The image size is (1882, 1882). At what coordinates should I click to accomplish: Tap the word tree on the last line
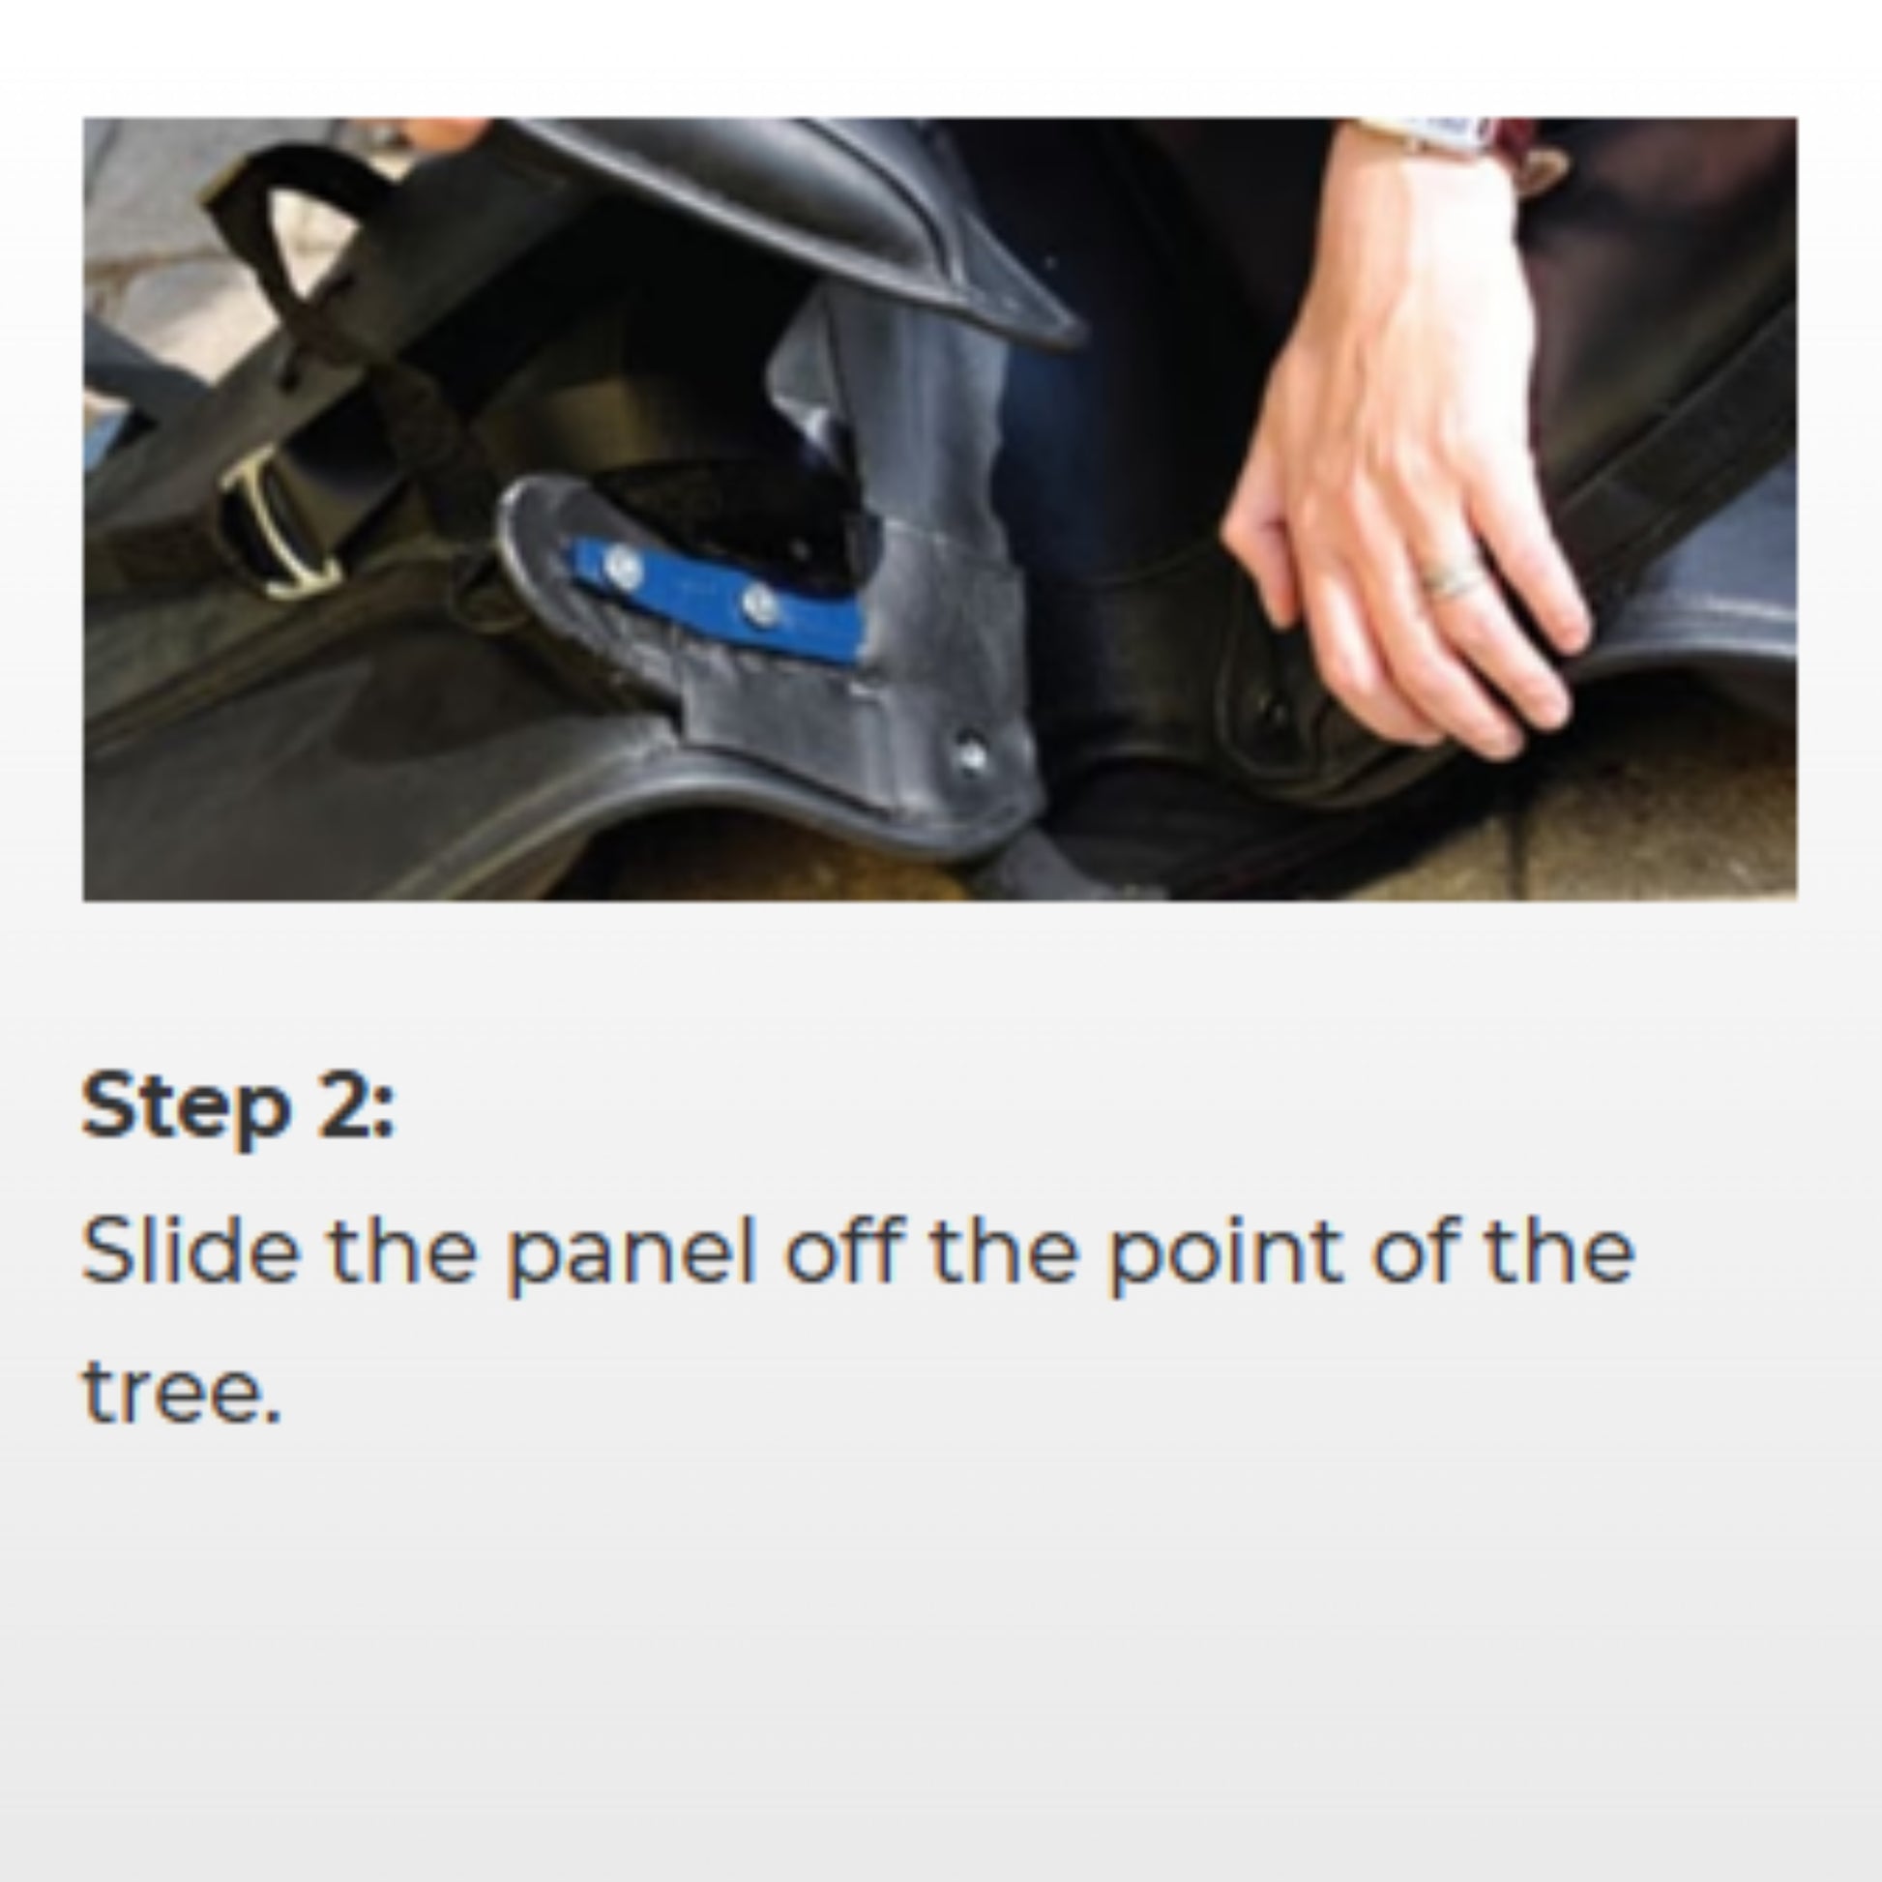pos(180,1390)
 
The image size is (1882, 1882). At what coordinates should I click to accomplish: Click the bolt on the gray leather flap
pos(970,754)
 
